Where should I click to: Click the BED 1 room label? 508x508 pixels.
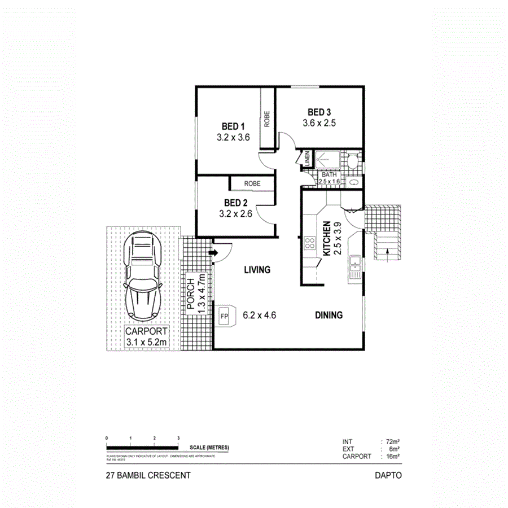pos(233,126)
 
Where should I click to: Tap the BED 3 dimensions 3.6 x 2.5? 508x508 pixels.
pos(319,123)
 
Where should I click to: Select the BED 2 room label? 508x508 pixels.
pos(235,203)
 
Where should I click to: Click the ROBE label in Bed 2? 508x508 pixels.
pos(252,184)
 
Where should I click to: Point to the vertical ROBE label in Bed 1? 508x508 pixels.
pos(267,120)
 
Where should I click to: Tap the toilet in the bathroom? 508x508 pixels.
pos(352,162)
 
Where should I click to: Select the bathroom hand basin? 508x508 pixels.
pos(353,182)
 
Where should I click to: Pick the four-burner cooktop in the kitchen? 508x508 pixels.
pos(310,243)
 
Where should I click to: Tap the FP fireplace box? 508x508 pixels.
pos(224,316)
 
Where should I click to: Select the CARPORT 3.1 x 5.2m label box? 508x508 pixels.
pos(146,337)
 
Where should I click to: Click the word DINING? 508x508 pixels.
pos(329,316)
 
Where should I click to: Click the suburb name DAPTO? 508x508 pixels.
pos(388,475)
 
